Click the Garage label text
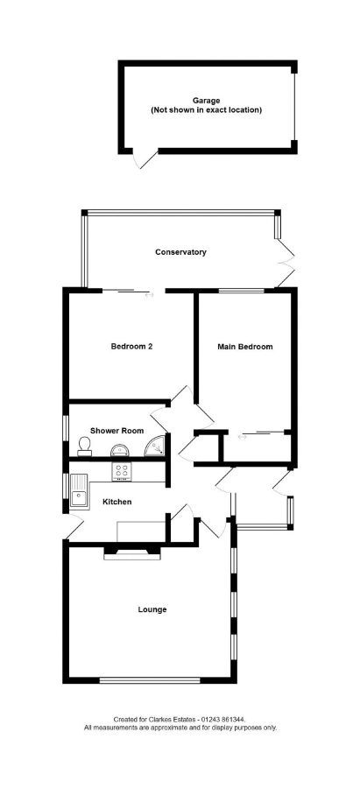point(206,101)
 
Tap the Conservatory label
point(180,252)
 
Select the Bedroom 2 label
point(131,346)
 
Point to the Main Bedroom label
point(245,347)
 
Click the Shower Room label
point(116,431)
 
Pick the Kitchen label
point(117,502)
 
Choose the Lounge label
point(152,609)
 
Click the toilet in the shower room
point(84,447)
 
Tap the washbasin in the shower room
point(121,449)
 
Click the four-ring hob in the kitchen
point(122,470)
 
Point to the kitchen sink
point(79,491)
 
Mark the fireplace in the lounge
point(132,553)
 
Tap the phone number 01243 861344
point(223,720)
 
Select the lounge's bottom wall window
point(150,681)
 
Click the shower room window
point(66,427)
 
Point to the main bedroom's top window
point(242,290)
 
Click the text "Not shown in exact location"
point(206,109)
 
